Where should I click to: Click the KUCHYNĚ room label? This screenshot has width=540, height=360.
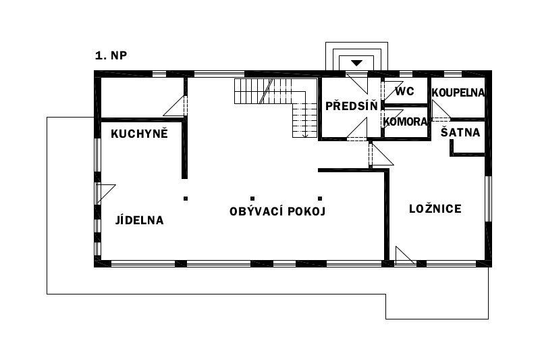point(139,133)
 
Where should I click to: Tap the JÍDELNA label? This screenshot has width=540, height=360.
point(139,220)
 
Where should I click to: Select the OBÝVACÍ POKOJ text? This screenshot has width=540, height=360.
point(277,211)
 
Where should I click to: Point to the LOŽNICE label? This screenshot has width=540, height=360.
point(435,209)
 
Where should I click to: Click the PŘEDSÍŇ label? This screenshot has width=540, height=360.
point(352,106)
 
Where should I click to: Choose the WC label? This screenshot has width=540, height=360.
point(404,91)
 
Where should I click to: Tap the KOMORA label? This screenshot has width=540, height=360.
point(405,122)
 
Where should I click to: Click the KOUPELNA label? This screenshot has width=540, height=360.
point(458,93)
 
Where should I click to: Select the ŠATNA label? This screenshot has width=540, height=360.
point(460,132)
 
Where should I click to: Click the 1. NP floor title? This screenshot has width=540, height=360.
point(111,55)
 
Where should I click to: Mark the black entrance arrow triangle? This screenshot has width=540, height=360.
point(357,63)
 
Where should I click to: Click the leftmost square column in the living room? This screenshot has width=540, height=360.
point(186,199)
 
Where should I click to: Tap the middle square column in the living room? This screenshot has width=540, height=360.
point(252,199)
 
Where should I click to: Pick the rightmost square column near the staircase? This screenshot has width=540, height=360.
point(320,199)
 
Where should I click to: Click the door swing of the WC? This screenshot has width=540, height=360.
point(393,91)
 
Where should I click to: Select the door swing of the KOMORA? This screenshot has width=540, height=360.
point(393,118)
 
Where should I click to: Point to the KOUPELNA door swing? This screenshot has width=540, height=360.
point(441,110)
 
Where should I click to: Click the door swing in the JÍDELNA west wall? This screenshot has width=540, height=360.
point(105,194)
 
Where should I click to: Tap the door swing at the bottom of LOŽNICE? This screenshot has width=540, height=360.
point(404,255)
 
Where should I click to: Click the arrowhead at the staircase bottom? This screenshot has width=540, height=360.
point(305,135)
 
